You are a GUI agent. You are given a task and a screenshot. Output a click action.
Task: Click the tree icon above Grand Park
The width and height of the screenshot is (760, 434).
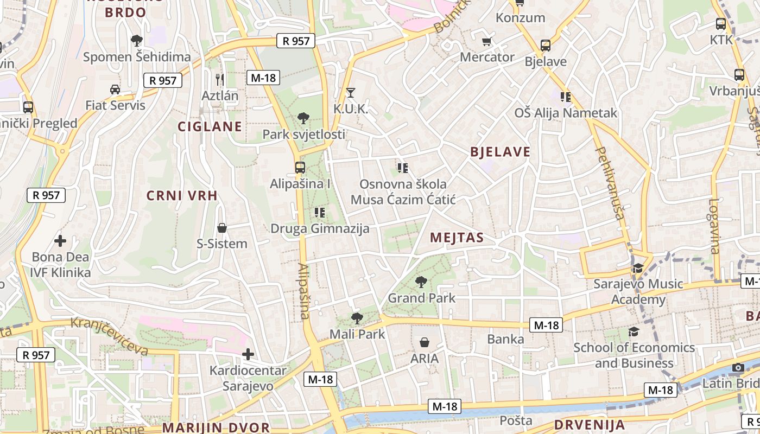[x=421, y=282]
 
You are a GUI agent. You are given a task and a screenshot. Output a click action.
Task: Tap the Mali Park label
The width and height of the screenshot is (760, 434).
[x=358, y=334]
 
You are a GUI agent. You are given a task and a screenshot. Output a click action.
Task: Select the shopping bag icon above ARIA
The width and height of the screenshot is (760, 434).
[x=425, y=342]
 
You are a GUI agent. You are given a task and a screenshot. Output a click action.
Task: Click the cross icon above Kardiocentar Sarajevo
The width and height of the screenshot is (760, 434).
[x=248, y=355]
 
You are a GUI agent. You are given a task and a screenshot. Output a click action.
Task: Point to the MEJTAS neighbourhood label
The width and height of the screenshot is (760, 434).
[x=457, y=238]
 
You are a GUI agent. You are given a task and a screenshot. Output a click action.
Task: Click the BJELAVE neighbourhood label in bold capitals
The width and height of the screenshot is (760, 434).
[x=500, y=152]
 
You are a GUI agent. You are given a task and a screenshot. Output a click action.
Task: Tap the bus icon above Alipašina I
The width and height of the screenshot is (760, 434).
[x=300, y=168]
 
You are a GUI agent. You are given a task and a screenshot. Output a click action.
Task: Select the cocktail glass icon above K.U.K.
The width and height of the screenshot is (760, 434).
[x=351, y=92]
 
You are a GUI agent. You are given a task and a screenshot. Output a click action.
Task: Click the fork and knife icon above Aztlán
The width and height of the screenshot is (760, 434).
[x=220, y=79]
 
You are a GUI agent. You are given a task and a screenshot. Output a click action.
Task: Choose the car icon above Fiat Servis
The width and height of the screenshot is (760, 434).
[x=115, y=89]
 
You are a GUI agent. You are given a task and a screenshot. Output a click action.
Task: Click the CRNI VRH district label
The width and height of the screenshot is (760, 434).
[x=182, y=196]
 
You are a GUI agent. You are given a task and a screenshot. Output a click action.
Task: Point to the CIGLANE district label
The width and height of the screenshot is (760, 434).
[x=210, y=126]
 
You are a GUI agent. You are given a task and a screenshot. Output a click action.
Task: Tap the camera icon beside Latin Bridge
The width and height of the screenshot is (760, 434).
[x=737, y=368]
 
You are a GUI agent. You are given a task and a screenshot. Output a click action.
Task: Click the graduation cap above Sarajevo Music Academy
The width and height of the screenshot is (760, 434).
[x=638, y=269]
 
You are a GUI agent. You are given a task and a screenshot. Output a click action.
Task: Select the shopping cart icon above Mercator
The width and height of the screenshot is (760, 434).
[x=487, y=41]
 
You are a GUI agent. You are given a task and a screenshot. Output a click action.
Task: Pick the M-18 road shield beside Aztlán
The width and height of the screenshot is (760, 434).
[x=263, y=78]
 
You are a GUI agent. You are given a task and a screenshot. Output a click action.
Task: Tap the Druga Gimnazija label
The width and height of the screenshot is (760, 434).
[x=320, y=228]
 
